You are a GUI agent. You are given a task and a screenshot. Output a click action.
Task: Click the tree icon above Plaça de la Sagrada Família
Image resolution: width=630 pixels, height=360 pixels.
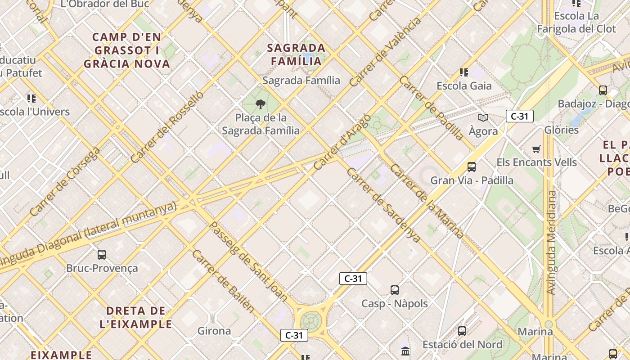[260, 105]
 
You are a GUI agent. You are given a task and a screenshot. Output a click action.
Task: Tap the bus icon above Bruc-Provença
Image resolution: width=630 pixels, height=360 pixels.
[102, 255]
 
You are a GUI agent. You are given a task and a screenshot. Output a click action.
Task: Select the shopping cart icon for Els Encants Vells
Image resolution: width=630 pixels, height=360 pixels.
[536, 149]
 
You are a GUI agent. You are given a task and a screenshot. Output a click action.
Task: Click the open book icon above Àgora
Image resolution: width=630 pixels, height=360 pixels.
[483, 118]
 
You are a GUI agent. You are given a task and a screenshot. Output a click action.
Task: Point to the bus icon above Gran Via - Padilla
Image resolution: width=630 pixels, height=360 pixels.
[472, 167]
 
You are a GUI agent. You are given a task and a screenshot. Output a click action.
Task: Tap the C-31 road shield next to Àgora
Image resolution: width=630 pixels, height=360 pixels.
[519, 116]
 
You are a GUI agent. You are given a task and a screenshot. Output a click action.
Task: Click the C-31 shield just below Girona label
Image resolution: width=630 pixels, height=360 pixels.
[294, 335]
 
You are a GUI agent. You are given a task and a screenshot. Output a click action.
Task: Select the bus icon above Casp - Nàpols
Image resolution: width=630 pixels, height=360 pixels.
[395, 290]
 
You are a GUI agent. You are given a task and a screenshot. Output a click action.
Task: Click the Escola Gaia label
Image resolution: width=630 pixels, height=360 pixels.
[464, 85]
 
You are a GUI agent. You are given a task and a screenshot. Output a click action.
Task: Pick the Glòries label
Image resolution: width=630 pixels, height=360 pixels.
[561, 130]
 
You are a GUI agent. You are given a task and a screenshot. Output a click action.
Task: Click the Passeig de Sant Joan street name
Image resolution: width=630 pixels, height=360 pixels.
[248, 261]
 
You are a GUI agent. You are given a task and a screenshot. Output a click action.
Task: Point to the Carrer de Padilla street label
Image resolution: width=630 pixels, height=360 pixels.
[431, 108]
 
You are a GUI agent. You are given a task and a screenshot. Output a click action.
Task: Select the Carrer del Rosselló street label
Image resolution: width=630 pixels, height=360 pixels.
[167, 127]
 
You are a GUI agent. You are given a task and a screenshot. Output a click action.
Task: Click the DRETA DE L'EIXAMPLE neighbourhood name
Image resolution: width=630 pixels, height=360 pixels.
[136, 317]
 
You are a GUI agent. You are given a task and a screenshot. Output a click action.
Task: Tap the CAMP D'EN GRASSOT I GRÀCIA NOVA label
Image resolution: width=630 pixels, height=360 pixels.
[127, 50]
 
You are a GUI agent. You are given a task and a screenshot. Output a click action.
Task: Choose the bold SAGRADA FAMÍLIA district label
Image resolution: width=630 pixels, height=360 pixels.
[296, 54]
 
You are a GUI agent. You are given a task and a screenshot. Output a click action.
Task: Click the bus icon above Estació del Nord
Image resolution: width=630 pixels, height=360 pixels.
[462, 331]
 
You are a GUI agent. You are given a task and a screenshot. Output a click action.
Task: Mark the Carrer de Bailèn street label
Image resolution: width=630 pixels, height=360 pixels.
[223, 281]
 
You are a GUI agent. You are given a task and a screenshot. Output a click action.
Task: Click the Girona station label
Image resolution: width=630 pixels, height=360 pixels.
[214, 331]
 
